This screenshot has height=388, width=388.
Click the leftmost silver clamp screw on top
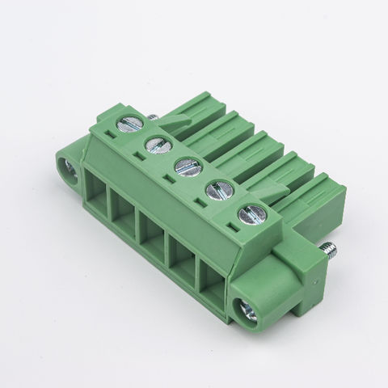click(x=131, y=124)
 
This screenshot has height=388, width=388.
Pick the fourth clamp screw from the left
click(x=217, y=192)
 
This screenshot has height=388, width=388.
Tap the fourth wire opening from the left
click(x=183, y=261)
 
